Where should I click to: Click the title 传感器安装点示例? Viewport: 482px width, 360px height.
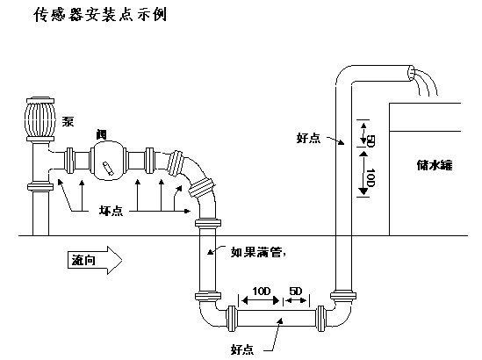pyautogui.click(x=100, y=14)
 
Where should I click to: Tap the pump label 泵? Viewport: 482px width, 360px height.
pyautogui.click(x=68, y=121)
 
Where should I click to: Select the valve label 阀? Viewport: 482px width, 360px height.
pyautogui.click(x=102, y=134)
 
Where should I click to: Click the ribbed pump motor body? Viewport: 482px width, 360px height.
pyautogui.click(x=40, y=119)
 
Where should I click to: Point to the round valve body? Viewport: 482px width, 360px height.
pyautogui.click(x=108, y=160)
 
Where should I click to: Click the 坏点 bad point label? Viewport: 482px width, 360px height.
pyautogui.click(x=111, y=211)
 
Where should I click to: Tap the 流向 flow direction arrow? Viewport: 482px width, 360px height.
pyautogui.click(x=95, y=260)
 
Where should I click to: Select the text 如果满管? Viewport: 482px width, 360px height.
pyautogui.click(x=256, y=252)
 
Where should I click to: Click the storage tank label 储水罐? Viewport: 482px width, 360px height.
pyautogui.click(x=435, y=165)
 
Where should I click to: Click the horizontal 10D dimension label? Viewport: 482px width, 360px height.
pyautogui.click(x=262, y=291)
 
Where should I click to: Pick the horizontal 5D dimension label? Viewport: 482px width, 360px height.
pyautogui.click(x=296, y=291)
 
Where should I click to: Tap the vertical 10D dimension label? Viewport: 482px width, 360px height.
pyautogui.click(x=370, y=177)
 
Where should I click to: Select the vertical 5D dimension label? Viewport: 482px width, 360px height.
pyautogui.click(x=370, y=140)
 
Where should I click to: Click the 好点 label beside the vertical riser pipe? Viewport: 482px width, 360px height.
pyautogui.click(x=308, y=138)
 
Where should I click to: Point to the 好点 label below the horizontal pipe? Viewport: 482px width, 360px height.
pyautogui.click(x=242, y=349)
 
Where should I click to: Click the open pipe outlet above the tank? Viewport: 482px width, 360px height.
pyautogui.click(x=411, y=73)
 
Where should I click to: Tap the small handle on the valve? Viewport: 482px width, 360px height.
pyautogui.click(x=109, y=169)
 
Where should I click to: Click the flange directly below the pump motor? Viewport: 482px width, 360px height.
pyautogui.click(x=40, y=139)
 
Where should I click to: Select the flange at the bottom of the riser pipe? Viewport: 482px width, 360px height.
pyautogui.click(x=343, y=296)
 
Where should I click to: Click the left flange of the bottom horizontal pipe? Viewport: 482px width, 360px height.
pyautogui.click(x=231, y=318)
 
